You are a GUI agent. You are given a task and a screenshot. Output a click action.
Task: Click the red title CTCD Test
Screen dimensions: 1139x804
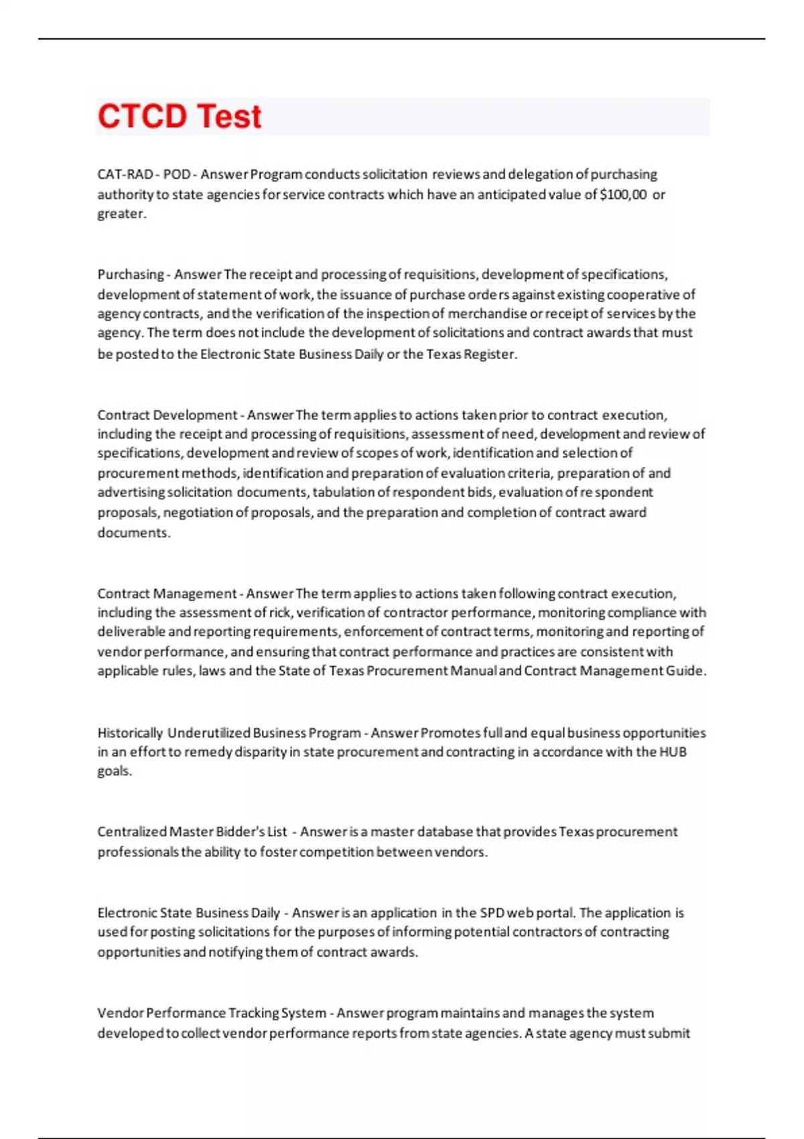[x=180, y=117]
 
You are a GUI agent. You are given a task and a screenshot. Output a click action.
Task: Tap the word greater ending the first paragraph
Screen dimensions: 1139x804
[x=120, y=214]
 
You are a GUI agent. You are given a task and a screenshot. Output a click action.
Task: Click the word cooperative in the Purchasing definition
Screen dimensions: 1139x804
[x=646, y=294]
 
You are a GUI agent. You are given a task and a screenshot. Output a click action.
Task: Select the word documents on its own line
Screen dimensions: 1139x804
[x=133, y=533]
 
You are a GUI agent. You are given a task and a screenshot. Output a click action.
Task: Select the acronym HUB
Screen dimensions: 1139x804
[x=673, y=752]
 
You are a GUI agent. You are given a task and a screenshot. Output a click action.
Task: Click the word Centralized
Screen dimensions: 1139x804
[x=131, y=832]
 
